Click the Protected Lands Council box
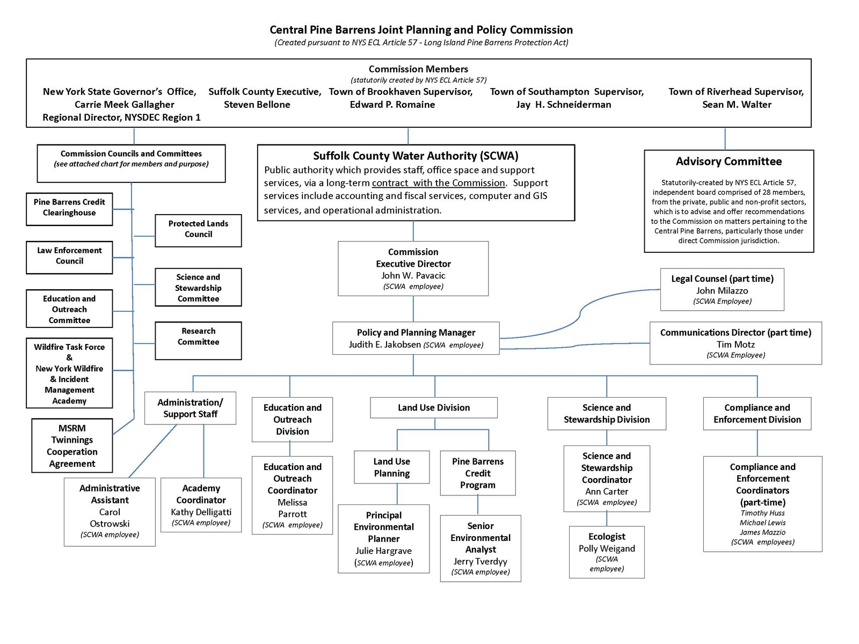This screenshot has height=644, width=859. (x=198, y=230)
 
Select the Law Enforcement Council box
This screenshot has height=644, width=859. (x=69, y=257)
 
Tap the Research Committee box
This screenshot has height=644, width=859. (x=198, y=340)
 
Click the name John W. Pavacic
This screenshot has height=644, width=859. (x=413, y=275)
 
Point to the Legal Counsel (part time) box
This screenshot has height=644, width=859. (x=722, y=289)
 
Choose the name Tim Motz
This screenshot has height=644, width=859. (x=735, y=344)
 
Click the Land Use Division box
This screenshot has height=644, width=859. (x=433, y=407)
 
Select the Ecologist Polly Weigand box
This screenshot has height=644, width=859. (x=606, y=551)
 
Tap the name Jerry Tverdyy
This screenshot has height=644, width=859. (x=480, y=561)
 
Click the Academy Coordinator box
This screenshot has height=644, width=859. (x=201, y=504)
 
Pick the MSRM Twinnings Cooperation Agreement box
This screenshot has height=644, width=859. (x=72, y=445)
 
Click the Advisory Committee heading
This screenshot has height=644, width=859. (x=729, y=161)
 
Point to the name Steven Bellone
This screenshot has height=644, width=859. (x=257, y=105)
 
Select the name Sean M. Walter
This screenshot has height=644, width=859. (x=736, y=105)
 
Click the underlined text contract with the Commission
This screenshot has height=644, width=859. (x=438, y=183)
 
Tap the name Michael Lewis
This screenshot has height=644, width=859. (x=762, y=523)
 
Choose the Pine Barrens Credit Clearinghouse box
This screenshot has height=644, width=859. (x=69, y=209)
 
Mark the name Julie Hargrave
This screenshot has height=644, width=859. (x=383, y=551)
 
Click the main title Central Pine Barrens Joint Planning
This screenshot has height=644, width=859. (x=421, y=30)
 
